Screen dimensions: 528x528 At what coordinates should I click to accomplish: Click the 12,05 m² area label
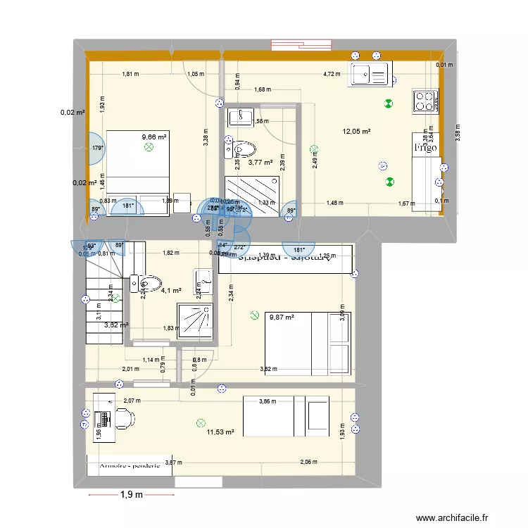(x=356, y=132)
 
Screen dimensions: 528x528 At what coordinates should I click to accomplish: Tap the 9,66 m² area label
(x=153, y=137)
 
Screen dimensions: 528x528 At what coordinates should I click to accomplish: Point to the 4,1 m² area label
(x=172, y=290)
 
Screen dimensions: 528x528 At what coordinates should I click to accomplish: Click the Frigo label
(x=425, y=148)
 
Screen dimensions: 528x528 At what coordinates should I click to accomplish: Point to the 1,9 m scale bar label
(x=130, y=495)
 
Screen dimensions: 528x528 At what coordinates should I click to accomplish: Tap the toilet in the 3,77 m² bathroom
(x=243, y=149)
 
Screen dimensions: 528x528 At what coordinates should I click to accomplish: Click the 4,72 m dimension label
(x=331, y=73)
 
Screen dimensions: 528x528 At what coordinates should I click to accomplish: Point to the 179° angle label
(x=98, y=149)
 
